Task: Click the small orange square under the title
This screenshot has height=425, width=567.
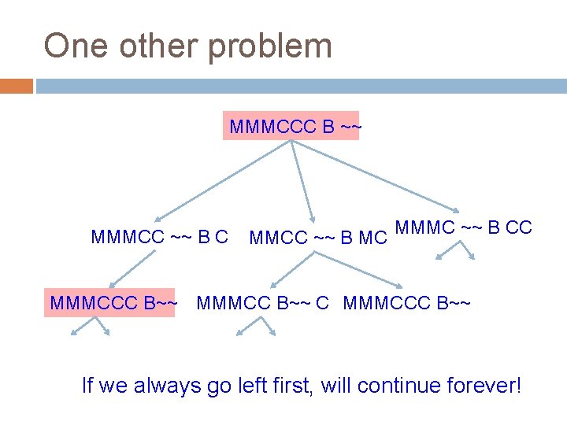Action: pos(16,85)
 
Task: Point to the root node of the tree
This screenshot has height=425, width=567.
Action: pos(291,126)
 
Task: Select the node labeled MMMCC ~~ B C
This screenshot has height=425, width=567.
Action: pos(160,236)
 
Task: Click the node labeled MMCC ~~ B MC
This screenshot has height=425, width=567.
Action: pos(317,237)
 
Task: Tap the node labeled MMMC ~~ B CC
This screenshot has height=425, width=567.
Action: pos(463,228)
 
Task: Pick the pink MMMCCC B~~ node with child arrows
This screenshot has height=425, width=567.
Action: pos(112,301)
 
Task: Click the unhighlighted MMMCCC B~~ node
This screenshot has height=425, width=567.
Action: pos(407,301)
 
